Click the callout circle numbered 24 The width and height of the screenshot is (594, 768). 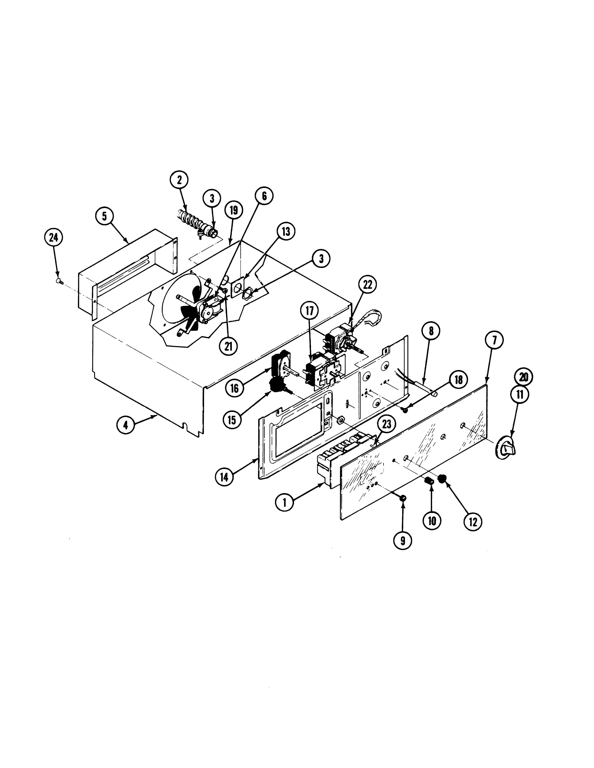(54, 238)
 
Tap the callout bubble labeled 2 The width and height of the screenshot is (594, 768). (179, 180)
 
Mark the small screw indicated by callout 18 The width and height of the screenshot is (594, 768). (405, 410)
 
